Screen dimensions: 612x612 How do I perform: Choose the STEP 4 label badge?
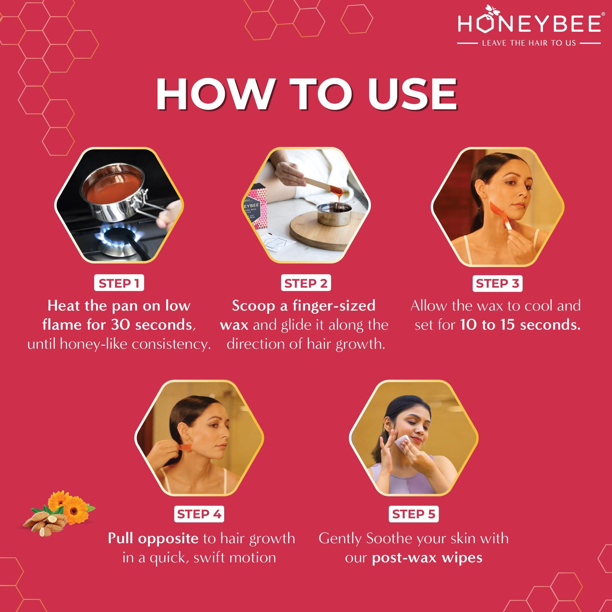click(x=199, y=514)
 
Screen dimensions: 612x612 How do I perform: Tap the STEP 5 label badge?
click(x=414, y=514)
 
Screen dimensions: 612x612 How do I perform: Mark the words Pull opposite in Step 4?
click(x=153, y=539)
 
